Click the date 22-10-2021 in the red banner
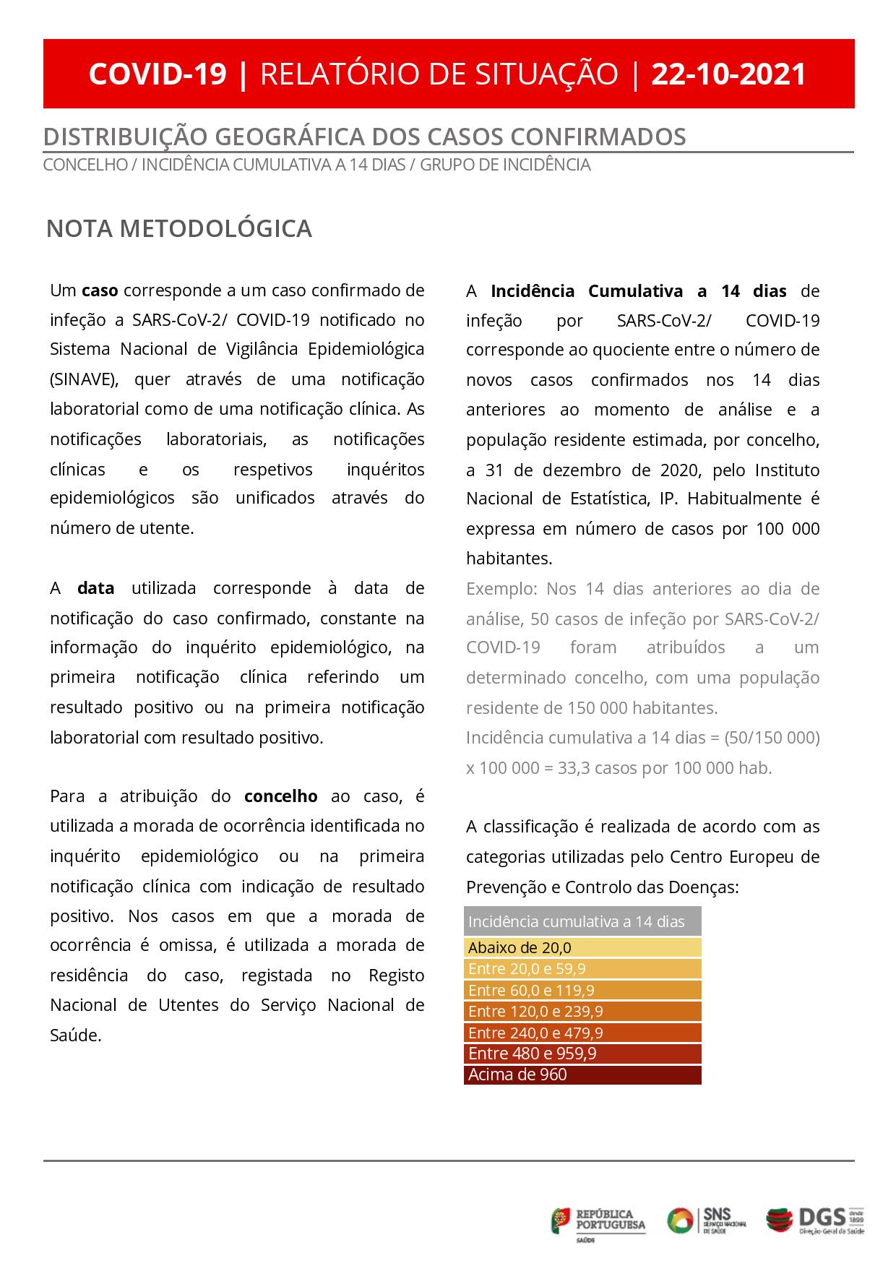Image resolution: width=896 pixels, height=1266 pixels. coord(728,74)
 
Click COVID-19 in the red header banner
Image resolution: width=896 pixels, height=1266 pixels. coord(158,74)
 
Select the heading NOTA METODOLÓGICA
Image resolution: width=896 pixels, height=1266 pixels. coord(179,228)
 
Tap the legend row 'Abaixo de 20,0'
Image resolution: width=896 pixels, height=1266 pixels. coord(582,947)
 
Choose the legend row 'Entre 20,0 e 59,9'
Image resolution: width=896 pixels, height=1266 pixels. coord(582,968)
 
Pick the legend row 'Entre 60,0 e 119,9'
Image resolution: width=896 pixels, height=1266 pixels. coord(582,990)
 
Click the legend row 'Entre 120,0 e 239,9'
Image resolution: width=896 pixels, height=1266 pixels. coord(582,1011)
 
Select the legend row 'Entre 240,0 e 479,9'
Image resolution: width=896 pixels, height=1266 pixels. coord(582,1033)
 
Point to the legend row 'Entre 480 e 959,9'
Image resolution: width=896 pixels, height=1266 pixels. coord(582,1054)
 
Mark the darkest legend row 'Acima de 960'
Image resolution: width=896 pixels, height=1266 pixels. coord(582,1075)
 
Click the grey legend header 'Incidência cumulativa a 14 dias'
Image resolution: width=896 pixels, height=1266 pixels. coord(582,921)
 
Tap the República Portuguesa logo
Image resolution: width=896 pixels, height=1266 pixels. coord(599,1220)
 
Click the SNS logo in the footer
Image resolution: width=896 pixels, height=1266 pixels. coord(706,1220)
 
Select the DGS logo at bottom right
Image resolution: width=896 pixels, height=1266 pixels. coord(815,1220)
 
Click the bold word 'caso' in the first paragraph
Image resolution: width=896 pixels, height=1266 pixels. coord(100,290)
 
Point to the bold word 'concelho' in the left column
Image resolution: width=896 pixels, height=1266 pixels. coord(281,796)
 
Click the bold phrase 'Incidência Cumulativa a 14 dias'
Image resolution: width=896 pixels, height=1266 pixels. coord(638,291)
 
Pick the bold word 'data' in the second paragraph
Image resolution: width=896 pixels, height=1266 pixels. coord(96,588)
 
